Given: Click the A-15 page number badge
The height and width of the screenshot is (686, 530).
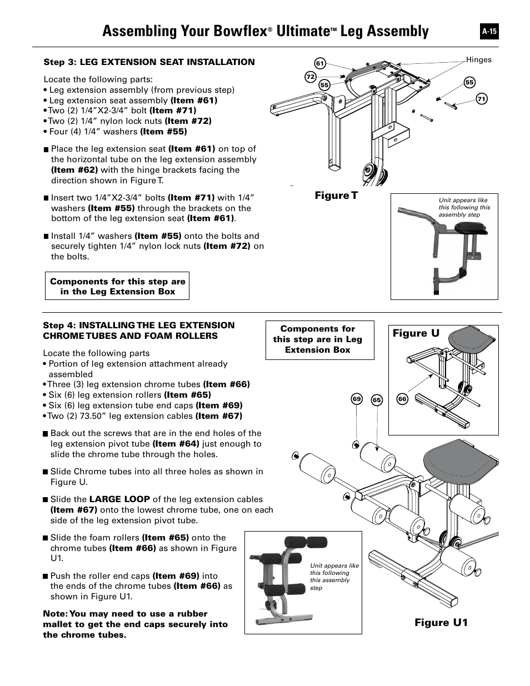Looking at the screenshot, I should [x=489, y=32].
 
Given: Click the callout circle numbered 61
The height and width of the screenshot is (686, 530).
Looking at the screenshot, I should [x=319, y=63].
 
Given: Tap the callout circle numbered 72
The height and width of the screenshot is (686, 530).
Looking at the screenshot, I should [x=311, y=77].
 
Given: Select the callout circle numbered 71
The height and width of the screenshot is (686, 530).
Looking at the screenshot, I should [x=482, y=99].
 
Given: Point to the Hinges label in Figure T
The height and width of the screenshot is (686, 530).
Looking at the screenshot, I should [x=478, y=60].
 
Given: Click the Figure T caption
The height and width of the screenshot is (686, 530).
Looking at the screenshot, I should [x=336, y=196].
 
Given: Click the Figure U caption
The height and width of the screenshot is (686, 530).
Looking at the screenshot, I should [x=416, y=333].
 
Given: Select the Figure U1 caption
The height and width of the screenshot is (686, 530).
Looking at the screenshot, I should [x=441, y=623].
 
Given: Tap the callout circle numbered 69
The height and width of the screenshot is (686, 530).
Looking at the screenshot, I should [x=357, y=399].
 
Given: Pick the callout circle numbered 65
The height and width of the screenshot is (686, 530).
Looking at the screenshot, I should [x=377, y=400].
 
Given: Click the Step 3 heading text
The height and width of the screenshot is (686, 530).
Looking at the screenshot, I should [x=149, y=62].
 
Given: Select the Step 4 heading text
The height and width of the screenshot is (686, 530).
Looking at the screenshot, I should [x=138, y=331].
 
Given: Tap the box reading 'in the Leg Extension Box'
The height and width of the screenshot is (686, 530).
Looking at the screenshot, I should [x=117, y=286].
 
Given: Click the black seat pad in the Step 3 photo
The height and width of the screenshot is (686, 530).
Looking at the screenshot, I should [x=469, y=227].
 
